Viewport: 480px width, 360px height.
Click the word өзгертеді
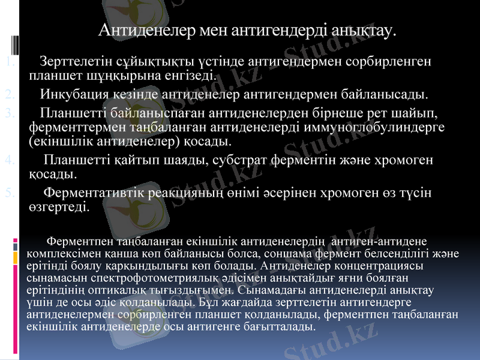point(59,208)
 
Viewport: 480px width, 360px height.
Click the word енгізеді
point(184,76)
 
